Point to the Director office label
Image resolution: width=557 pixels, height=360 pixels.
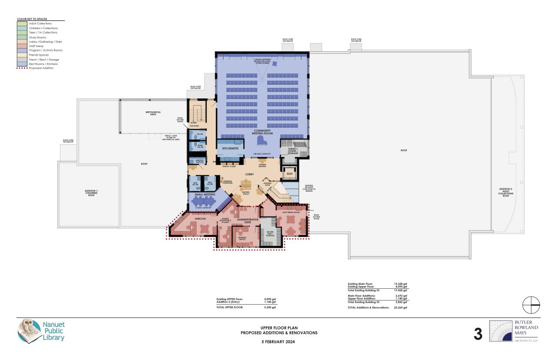point(200,219)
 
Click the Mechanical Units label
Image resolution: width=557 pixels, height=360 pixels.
point(153,113)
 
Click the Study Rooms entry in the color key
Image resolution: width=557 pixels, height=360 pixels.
point(37,37)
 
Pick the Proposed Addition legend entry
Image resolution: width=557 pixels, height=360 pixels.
point(41,68)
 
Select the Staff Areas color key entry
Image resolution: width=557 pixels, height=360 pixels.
point(37,46)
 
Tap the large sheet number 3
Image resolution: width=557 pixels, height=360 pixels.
point(478,334)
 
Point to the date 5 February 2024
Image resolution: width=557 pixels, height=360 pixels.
point(279,342)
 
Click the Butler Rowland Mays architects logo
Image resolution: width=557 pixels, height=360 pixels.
point(513,331)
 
